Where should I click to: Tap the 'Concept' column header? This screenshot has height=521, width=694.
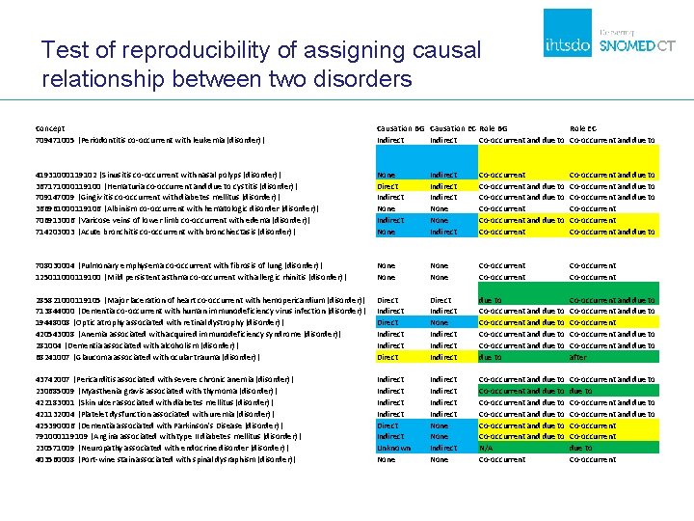[49, 128]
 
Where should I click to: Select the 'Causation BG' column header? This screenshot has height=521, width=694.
[400, 128]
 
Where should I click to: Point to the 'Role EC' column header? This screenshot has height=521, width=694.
[583, 128]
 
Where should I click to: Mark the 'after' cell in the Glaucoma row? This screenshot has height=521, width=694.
[577, 357]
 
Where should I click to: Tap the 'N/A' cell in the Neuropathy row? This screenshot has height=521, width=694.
[487, 448]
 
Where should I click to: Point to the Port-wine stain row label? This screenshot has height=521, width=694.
[165, 459]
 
